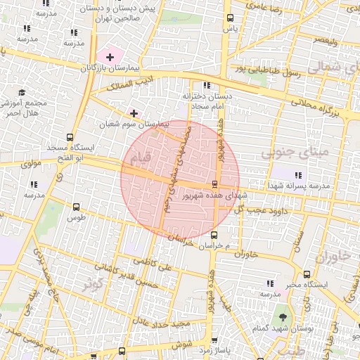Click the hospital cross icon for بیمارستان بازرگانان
[x=110, y=56]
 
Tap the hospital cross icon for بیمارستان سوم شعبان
[x=134, y=113]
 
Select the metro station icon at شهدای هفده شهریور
[x=214, y=184]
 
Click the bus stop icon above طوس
[x=76, y=207]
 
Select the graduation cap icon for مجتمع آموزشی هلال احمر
[x=21, y=92]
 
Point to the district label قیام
[x=141, y=161]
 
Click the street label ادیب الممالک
[x=129, y=86]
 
